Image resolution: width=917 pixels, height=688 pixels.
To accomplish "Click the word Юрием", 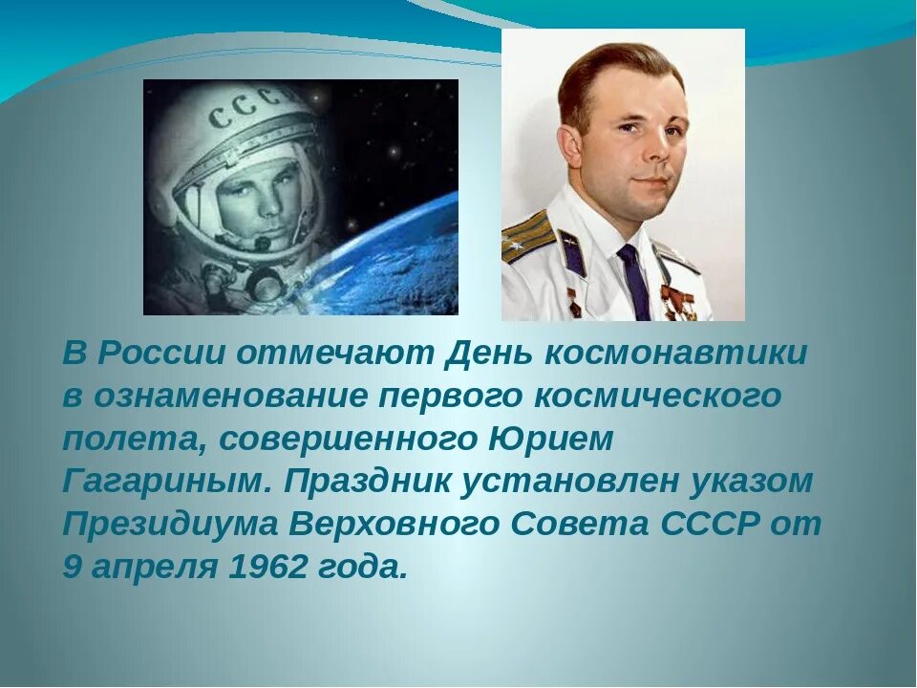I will tap(551, 439).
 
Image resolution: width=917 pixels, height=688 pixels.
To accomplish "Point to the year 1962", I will tap(268, 568).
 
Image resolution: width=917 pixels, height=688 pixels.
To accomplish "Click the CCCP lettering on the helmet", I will tap(252, 109).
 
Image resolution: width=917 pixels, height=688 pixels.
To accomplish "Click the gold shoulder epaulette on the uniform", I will tap(527, 236).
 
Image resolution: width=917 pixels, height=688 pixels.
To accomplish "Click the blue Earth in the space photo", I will tap(392, 258).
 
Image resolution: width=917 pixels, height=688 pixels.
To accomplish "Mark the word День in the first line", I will tap(490, 353).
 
